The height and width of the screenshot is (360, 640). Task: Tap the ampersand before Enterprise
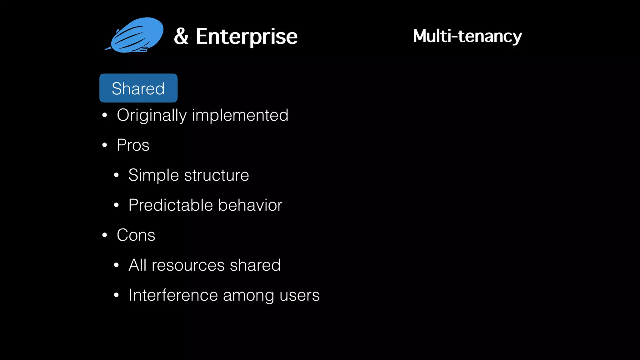181,36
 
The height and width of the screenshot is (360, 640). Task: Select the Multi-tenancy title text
467,36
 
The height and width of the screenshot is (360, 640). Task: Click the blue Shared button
138,88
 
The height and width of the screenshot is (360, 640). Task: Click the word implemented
240,115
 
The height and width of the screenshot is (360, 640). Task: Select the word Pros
133,145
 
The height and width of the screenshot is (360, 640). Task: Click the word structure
217,175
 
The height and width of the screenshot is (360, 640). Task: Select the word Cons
136,235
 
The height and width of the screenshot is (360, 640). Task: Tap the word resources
188,265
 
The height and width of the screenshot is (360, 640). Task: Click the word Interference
173,295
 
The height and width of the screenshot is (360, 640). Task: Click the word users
299,295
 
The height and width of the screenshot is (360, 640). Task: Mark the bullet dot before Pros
105,145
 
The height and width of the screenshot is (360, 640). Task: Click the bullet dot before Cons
105,235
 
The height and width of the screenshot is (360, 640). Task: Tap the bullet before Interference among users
116,295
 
